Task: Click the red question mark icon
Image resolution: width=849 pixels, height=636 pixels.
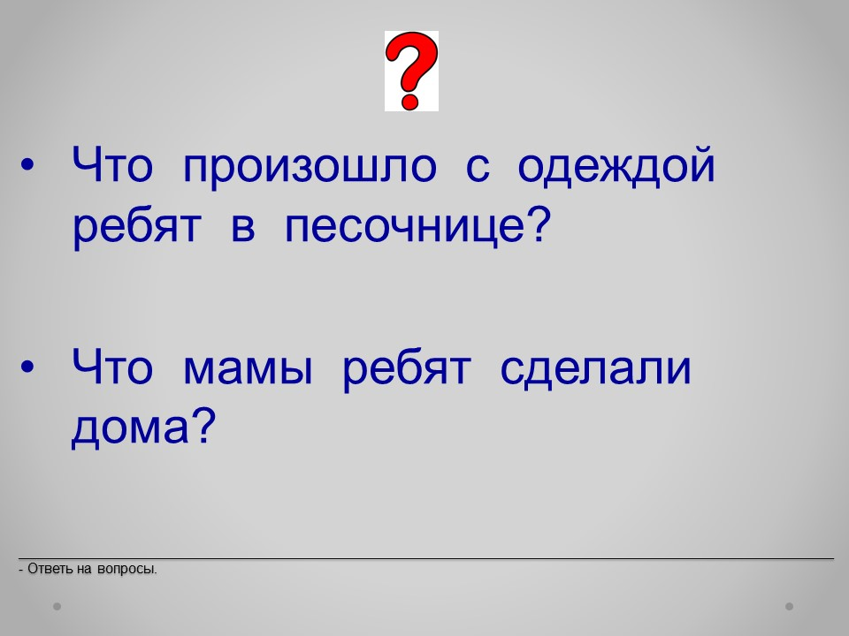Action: coord(411,71)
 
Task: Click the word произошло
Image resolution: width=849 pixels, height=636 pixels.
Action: coord(310,167)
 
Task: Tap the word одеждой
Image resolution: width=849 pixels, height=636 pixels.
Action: coord(616,165)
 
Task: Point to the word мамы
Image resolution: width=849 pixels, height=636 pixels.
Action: coord(248,369)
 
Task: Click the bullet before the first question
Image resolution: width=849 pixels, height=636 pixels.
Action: coord(27,165)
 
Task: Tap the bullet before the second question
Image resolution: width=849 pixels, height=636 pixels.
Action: coord(27,367)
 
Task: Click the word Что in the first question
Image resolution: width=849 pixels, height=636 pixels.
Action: coord(112,164)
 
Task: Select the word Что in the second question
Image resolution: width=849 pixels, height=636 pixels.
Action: coord(112,366)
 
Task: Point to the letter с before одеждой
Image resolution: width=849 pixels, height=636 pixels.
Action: coord(478,167)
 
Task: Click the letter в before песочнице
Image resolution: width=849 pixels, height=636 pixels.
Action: coord(243,227)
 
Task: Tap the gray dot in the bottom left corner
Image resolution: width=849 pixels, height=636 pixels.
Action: coord(57,606)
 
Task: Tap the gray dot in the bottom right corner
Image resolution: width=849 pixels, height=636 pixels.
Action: coord(790,606)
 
